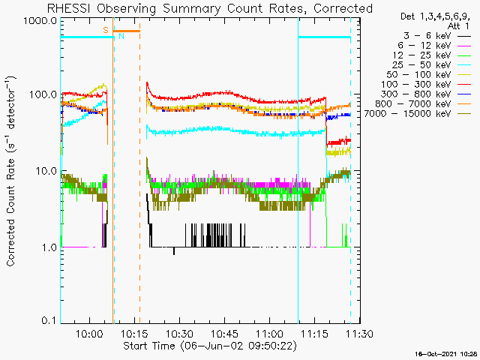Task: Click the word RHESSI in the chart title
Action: [69, 8]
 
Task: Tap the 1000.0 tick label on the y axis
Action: [40, 22]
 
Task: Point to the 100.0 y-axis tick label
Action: [43, 94]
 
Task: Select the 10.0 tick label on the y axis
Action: [46, 171]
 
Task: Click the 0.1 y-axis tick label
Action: [49, 320]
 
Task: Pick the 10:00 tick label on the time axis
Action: [90, 333]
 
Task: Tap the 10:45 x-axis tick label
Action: [225, 333]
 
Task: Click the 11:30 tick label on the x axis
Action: [359, 333]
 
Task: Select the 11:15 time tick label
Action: [314, 333]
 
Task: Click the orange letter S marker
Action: [106, 30]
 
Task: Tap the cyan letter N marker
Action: [121, 36]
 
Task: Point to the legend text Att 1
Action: [458, 25]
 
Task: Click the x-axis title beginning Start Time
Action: [210, 346]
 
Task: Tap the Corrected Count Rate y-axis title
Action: [10, 171]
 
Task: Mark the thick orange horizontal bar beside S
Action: [127, 31]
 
